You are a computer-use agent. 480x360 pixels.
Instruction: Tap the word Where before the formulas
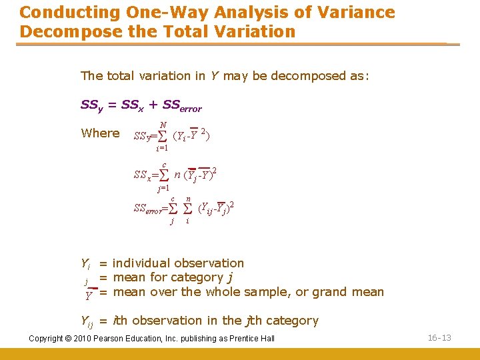pos(100,133)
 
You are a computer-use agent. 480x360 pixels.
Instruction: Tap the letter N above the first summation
pos(164,125)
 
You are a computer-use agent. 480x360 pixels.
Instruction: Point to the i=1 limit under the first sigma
pos(162,148)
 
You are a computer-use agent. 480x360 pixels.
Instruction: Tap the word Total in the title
pos(185,31)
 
